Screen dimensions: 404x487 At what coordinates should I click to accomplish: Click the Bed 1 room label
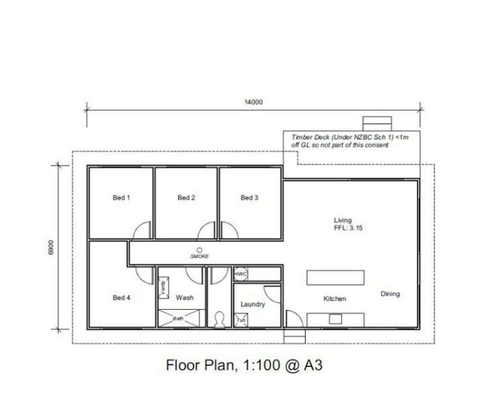pyautogui.click(x=121, y=198)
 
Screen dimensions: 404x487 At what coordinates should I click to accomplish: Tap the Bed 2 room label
pyautogui.click(x=186, y=198)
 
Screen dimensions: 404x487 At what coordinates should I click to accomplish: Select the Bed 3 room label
pyautogui.click(x=250, y=198)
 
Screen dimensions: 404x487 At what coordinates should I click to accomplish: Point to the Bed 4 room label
pyautogui.click(x=121, y=298)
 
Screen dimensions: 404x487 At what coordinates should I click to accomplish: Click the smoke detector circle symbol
pyautogui.click(x=200, y=249)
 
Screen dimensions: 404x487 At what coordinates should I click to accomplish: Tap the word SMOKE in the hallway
pyautogui.click(x=200, y=257)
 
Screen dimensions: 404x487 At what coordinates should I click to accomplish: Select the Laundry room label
pyautogui.click(x=253, y=304)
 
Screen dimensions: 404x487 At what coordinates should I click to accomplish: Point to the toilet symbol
pyautogui.click(x=219, y=319)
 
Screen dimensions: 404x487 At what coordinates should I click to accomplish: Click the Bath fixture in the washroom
pyautogui.click(x=179, y=319)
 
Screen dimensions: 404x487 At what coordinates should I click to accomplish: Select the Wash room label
pyautogui.click(x=185, y=298)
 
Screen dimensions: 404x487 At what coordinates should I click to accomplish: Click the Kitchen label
pyautogui.click(x=335, y=299)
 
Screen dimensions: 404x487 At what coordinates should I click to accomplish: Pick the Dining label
pyautogui.click(x=390, y=294)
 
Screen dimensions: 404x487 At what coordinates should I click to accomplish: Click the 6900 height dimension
pyautogui.click(x=51, y=246)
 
